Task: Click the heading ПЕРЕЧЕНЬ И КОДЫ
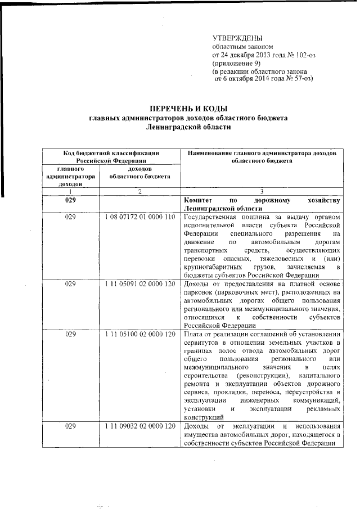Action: [188, 109]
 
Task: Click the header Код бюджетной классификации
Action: [110, 152]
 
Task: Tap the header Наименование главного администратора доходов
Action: [262, 152]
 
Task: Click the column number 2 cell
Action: [138, 191]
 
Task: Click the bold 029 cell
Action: [70, 200]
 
